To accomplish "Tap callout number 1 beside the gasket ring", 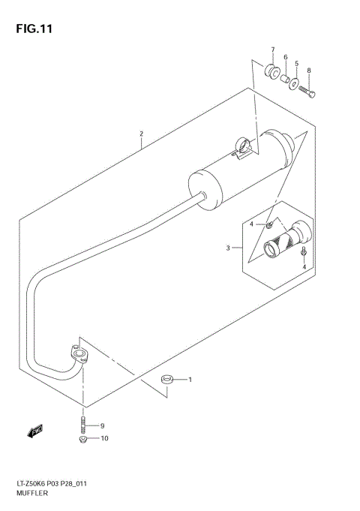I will pyautogui.click(x=190, y=380).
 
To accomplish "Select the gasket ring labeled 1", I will pyautogui.click(x=169, y=380).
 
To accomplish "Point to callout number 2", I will pyautogui.click(x=140, y=136).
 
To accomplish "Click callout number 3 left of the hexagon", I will pyautogui.click(x=228, y=248).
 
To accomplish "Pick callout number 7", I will pyautogui.click(x=273, y=51).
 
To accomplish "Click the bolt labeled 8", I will pyautogui.click(x=307, y=92).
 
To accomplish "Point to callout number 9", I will pyautogui.click(x=103, y=426).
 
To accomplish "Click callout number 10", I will pyautogui.click(x=104, y=438).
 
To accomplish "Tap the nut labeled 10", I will pyautogui.click(x=83, y=439).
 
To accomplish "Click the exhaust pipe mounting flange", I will pyautogui.click(x=77, y=355).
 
